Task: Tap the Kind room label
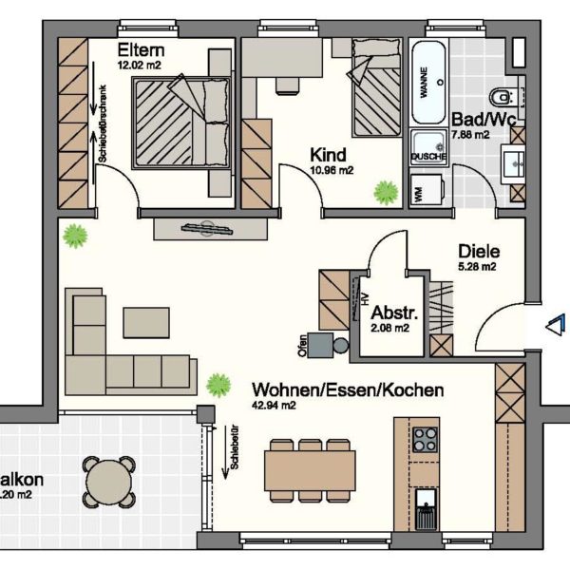click(x=328, y=155)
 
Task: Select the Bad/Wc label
click(x=484, y=121)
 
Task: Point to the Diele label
click(x=478, y=252)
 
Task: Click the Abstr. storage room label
click(x=389, y=313)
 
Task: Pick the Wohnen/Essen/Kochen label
click(x=347, y=390)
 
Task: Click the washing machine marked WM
click(x=419, y=192)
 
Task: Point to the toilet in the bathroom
click(x=503, y=96)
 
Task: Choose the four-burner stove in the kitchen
click(x=425, y=440)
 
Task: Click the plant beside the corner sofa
click(x=219, y=385)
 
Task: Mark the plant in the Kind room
click(x=386, y=193)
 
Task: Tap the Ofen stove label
click(x=302, y=346)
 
